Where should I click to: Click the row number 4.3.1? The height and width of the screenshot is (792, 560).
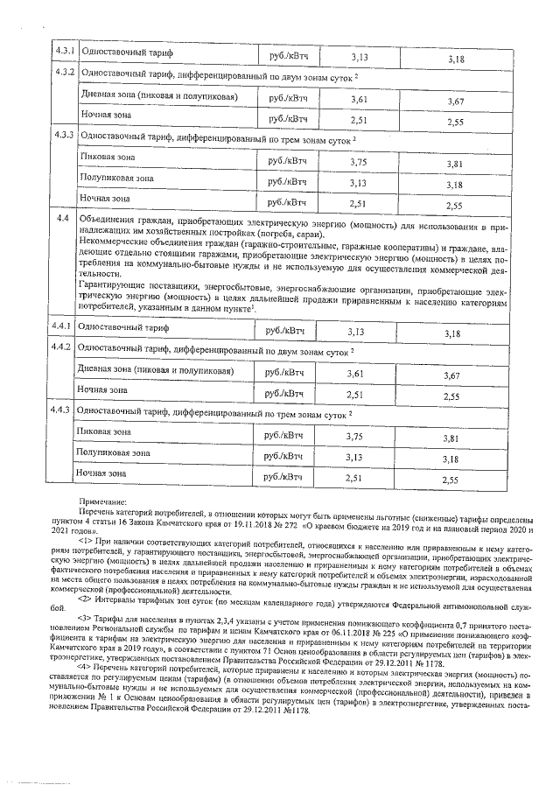tap(63, 52)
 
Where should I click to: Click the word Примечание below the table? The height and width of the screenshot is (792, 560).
tap(101, 500)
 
